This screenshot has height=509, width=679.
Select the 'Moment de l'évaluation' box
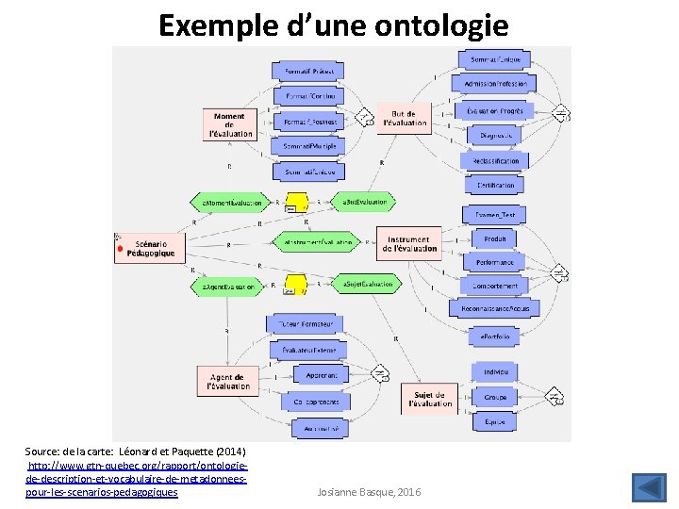coord(229,125)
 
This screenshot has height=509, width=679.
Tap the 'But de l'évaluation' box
coord(408,118)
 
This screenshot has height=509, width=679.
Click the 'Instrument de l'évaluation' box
coord(408,244)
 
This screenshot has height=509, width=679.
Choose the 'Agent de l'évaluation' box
coord(228,381)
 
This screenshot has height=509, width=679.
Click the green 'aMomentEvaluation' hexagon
coord(229,203)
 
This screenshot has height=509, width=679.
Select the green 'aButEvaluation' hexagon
coord(363,203)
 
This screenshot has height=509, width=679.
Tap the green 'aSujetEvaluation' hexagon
coord(363,284)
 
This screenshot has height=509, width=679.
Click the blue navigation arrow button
coord(648,488)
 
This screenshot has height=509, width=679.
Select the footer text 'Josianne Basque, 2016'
coord(370,492)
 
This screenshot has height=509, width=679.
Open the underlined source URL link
coord(138,479)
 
